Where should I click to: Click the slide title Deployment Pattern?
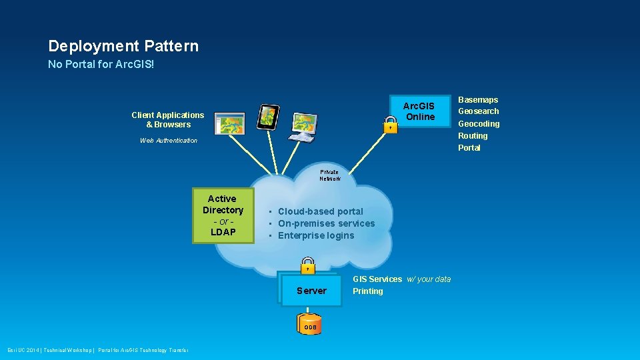(x=123, y=46)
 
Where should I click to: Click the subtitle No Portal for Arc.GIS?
(x=101, y=65)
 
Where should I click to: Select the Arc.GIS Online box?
(x=419, y=111)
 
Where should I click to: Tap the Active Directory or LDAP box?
(x=223, y=215)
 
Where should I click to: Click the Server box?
(x=311, y=291)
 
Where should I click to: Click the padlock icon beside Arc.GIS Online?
(x=391, y=124)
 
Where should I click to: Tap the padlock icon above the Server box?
(x=307, y=265)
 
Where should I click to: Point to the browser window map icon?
(x=229, y=123)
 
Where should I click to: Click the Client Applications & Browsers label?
(x=168, y=120)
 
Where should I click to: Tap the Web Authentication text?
(x=169, y=141)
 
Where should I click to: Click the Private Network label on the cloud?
(x=329, y=175)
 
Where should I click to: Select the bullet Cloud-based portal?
(x=320, y=211)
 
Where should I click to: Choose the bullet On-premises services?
(x=326, y=223)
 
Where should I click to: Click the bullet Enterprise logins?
(x=316, y=235)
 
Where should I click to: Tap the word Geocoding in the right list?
(x=478, y=124)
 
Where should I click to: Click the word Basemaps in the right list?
(x=477, y=100)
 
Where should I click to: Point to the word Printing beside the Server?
(x=368, y=291)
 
